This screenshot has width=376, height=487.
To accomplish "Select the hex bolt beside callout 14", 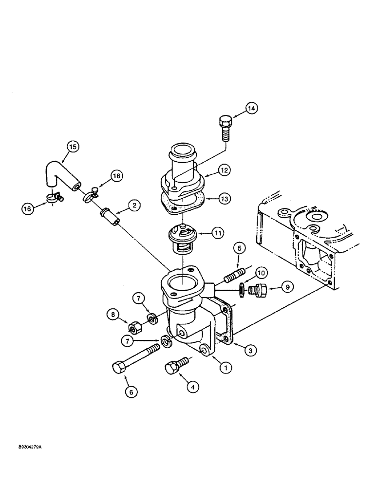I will pos(226,128).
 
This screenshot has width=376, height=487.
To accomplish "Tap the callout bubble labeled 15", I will pos(73,146).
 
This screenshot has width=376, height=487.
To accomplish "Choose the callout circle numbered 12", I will pos(225,170).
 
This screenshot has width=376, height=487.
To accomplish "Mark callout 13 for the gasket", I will pos(225,199).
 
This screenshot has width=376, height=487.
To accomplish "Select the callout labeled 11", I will pos(219,234).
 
